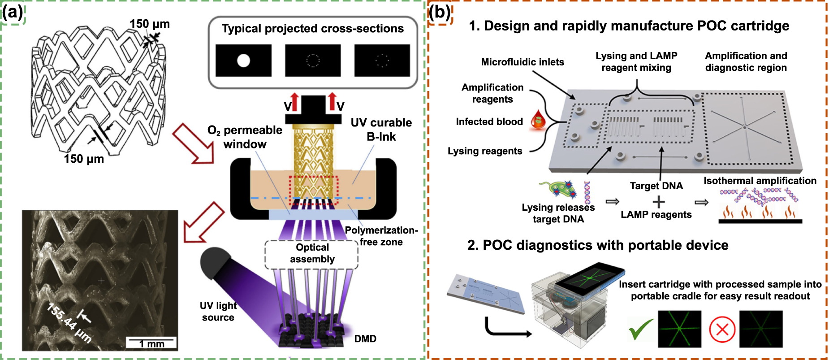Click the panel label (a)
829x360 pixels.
click(12, 12)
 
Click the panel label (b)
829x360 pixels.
click(440, 12)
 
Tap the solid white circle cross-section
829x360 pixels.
click(243, 60)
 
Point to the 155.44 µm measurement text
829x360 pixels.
click(69, 323)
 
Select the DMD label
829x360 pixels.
click(365, 339)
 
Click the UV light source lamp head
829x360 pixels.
click(214, 262)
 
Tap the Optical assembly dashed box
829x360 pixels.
click(312, 254)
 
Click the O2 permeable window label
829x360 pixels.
click(245, 137)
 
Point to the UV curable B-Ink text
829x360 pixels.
click(381, 130)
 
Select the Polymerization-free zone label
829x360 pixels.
click(381, 236)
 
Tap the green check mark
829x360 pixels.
click(641, 330)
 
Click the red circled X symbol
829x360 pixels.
click(722, 330)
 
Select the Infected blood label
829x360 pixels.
click(489, 122)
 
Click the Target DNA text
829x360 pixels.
click(656, 186)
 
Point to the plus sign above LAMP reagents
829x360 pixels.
click(658, 202)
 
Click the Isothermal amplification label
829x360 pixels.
click(760, 181)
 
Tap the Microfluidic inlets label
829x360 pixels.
click(522, 62)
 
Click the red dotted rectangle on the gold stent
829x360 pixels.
click(313, 191)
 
